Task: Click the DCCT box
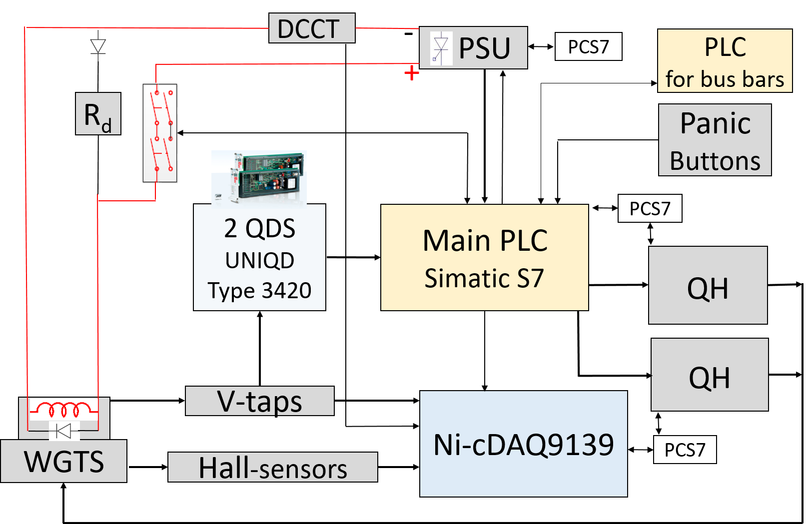point(312,28)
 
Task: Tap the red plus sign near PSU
point(411,73)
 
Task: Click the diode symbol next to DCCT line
point(98,46)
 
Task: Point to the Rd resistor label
point(98,114)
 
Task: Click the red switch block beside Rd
point(160,133)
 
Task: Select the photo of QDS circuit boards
point(259,179)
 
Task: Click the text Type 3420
point(259,291)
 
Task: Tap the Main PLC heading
point(485,241)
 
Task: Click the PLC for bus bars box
point(725,61)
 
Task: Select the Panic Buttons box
point(715,140)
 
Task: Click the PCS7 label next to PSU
point(588,47)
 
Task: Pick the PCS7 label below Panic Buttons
point(650,209)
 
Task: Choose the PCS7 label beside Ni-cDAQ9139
point(685,450)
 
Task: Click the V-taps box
point(259,401)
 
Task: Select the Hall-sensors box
point(272,468)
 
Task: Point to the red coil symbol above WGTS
point(63,410)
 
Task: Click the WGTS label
point(63,461)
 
